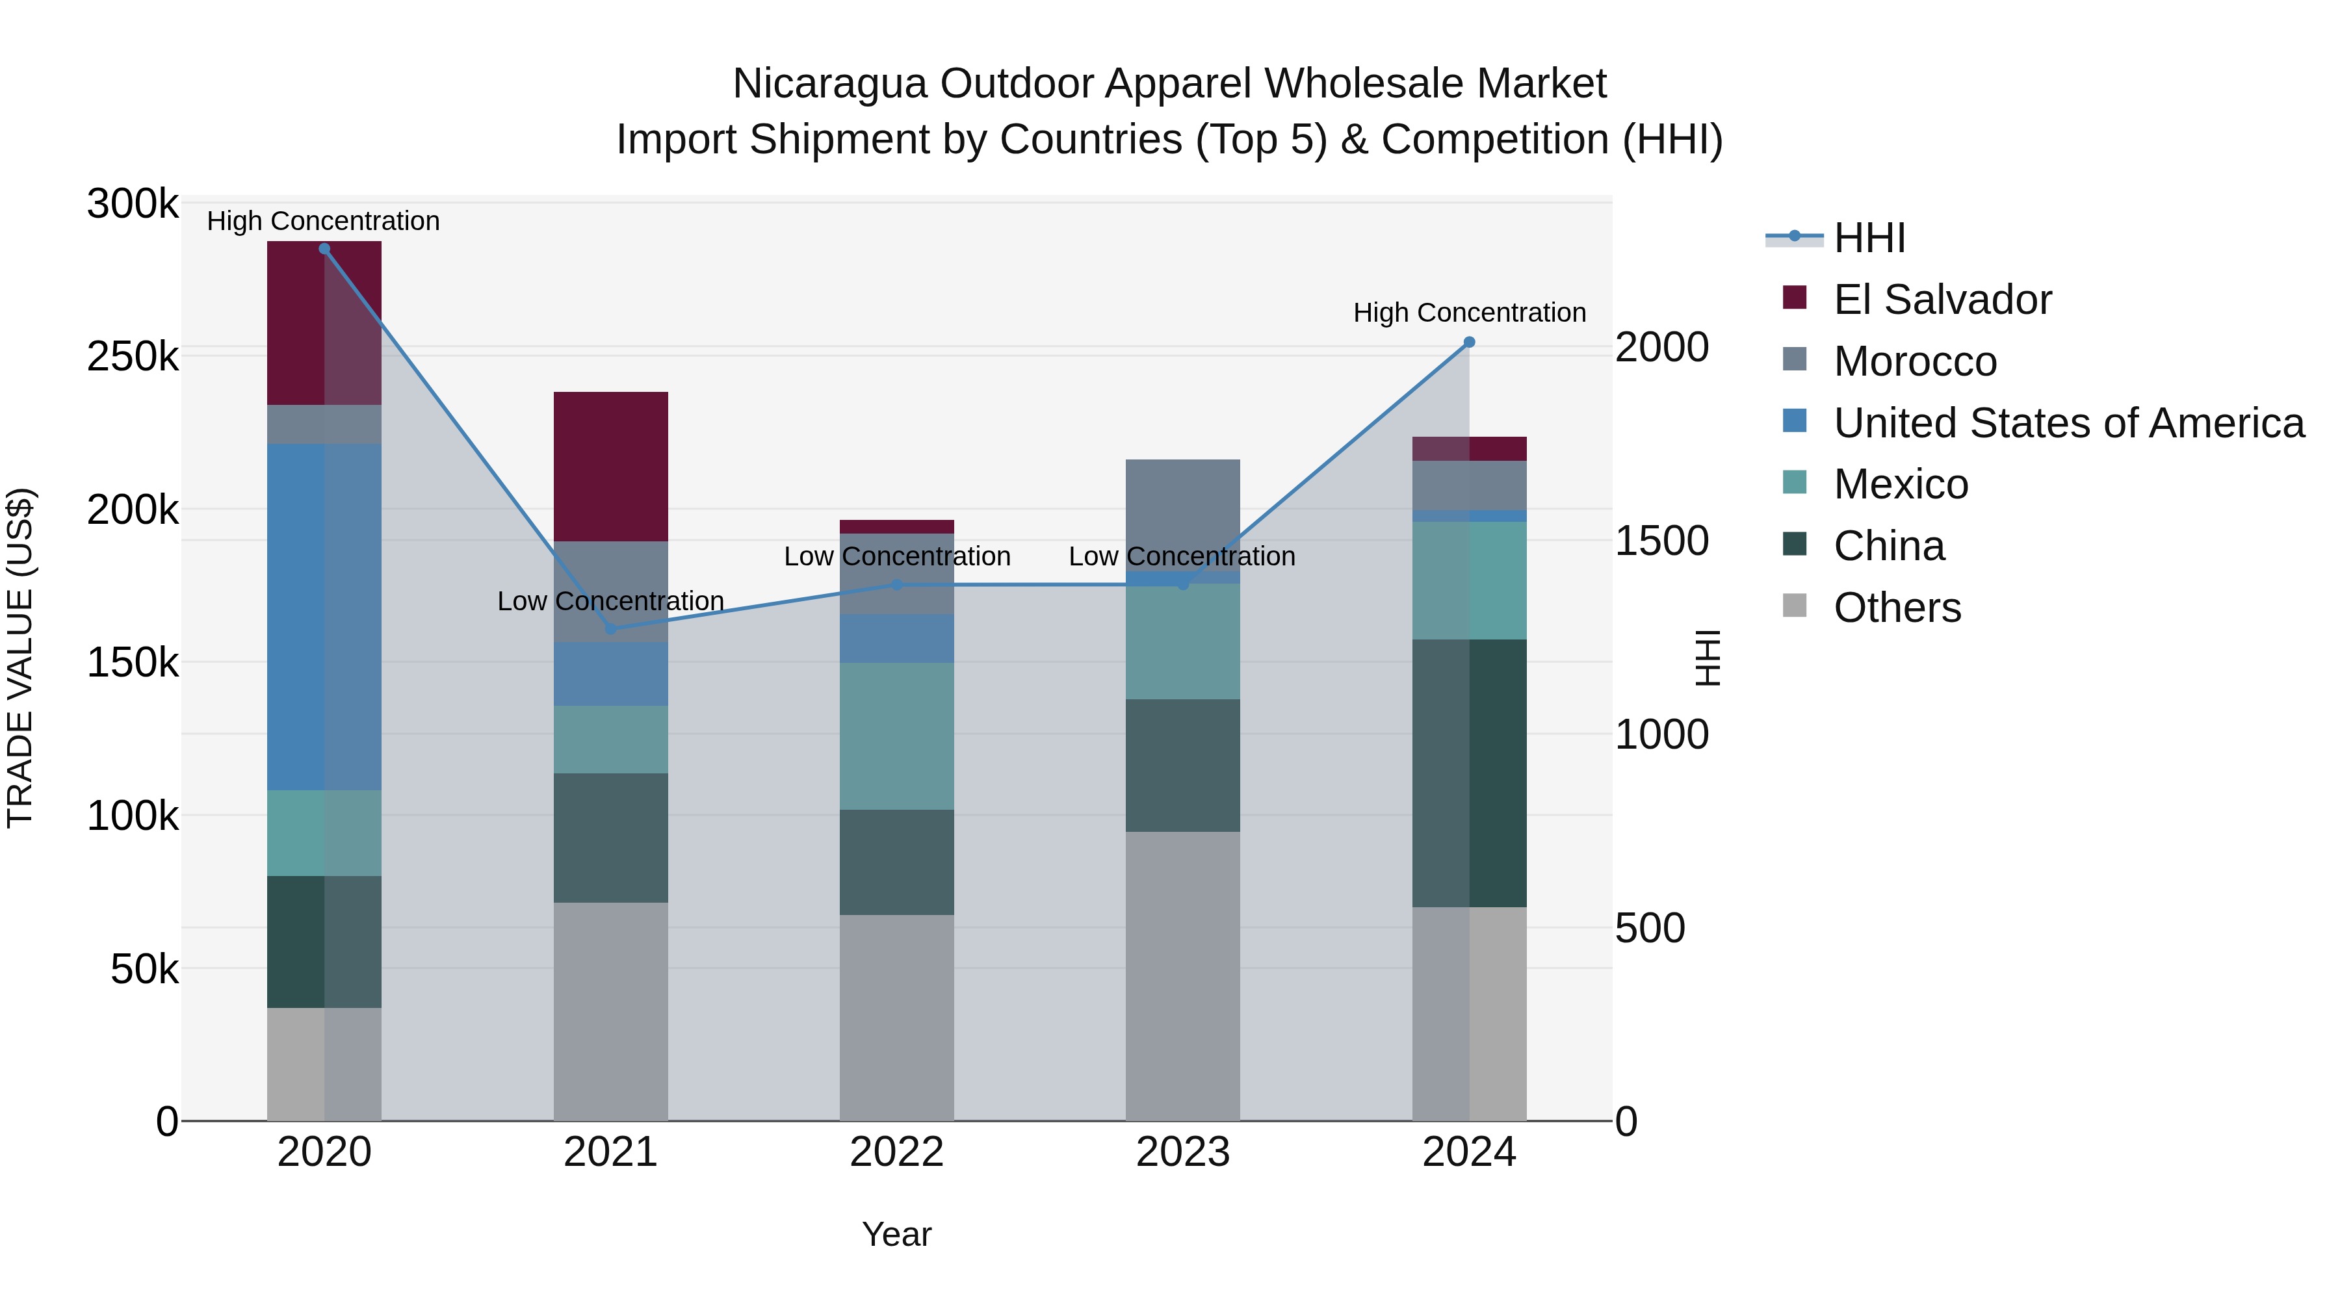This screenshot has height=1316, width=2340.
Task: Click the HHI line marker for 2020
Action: click(324, 249)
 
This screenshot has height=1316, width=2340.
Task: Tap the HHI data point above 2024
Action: click(1469, 342)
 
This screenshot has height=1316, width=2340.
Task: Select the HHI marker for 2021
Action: click(610, 629)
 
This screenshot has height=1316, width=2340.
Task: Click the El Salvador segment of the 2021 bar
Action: click(610, 466)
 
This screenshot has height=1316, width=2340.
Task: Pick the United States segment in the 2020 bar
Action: click(324, 617)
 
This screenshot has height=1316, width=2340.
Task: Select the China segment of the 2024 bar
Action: click(1469, 773)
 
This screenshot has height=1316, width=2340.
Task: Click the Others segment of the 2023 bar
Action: click(1183, 975)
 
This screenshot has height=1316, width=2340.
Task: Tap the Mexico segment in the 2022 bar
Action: click(896, 736)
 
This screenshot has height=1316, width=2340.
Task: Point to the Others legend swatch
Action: click(1795, 606)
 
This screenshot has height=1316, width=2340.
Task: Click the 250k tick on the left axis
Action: click(133, 357)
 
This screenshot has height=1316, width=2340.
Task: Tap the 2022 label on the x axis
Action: click(896, 1152)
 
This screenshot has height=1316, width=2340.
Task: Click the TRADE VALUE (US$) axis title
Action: click(20, 658)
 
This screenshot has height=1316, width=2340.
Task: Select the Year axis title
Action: click(896, 1234)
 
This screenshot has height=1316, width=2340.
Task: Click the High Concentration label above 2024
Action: click(1469, 313)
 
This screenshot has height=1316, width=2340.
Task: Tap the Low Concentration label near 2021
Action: click(610, 601)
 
